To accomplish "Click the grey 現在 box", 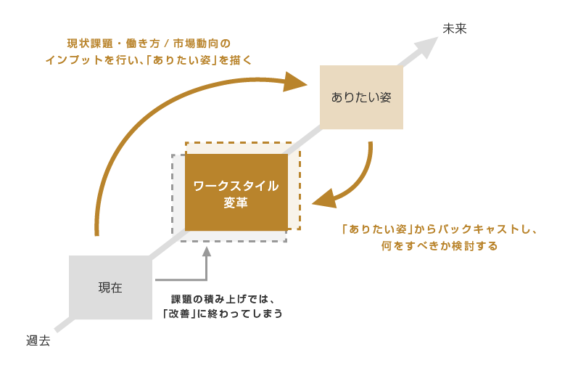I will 110,287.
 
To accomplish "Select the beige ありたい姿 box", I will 361,97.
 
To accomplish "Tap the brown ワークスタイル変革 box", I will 236,192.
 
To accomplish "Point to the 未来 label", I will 454,28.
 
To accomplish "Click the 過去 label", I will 38,340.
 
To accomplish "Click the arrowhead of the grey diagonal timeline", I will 429,46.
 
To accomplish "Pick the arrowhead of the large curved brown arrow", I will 296,81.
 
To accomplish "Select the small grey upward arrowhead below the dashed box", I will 207,252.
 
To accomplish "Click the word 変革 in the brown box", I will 236,203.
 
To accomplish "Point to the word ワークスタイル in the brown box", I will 236,185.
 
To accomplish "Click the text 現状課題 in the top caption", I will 89,44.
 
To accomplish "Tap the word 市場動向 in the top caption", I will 202,44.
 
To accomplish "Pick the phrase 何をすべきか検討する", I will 439,246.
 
